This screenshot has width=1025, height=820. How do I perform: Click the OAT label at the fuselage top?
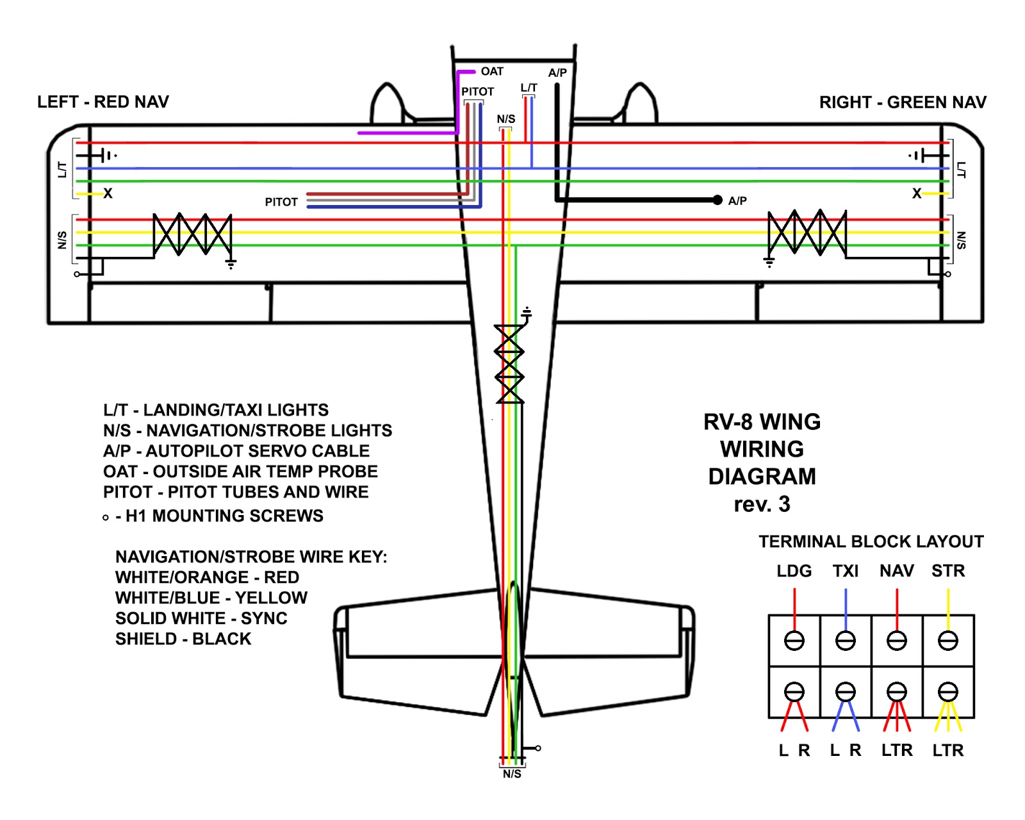point(492,71)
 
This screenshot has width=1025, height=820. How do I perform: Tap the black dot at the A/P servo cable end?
point(717,200)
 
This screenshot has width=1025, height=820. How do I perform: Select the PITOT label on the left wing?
point(281,202)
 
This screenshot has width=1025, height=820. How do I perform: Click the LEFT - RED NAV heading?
point(103,102)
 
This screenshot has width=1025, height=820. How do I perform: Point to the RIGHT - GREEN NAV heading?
point(903,102)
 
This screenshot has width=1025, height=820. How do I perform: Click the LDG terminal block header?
point(794,571)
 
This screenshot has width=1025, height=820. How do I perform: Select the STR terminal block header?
point(948,571)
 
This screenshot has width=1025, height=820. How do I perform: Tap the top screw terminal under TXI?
point(846,641)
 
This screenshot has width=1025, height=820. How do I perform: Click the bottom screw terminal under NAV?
point(897,692)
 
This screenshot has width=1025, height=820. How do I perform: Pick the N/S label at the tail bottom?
point(512,774)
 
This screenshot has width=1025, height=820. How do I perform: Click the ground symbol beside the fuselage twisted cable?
point(527,314)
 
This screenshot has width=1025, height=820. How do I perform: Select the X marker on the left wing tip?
point(108,193)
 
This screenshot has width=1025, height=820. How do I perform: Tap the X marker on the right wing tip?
point(917,193)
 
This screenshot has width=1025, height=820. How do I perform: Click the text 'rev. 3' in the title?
point(762,504)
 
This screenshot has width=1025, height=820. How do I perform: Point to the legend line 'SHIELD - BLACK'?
point(183,639)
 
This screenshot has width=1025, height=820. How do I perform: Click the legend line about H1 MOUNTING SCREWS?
point(218,516)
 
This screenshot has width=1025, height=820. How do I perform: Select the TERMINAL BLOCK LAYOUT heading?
point(871,541)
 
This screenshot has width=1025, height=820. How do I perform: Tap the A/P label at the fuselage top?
point(557,73)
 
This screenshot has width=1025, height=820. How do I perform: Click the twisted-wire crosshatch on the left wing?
point(192,234)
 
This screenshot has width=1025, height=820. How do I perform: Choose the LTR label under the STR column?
point(948,750)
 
